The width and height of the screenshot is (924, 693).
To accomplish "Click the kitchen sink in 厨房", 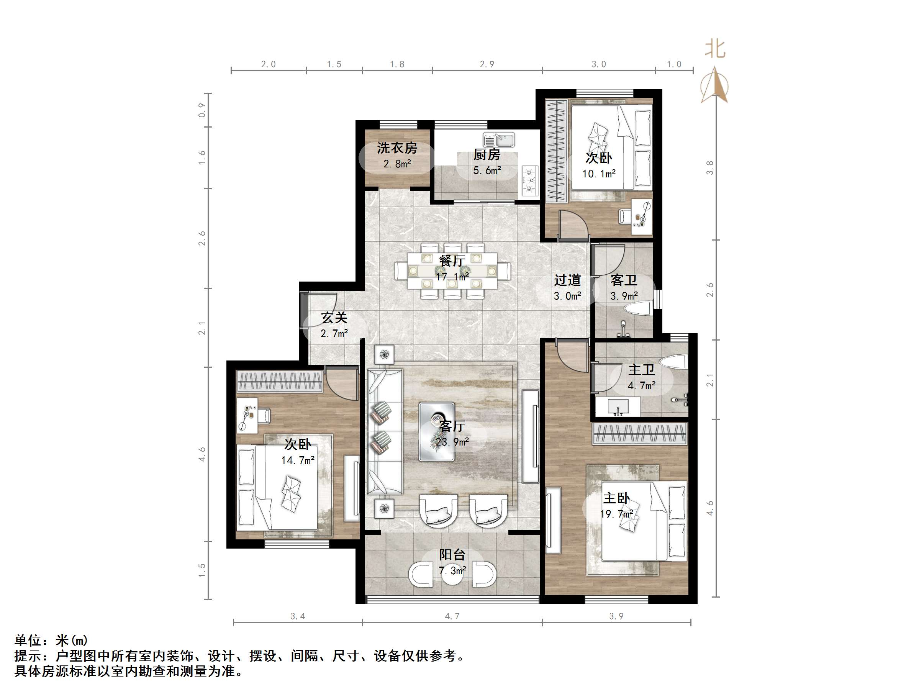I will point(499,140).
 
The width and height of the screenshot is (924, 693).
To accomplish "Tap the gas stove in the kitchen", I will point(530,180).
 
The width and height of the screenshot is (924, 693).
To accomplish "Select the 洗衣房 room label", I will point(397,148).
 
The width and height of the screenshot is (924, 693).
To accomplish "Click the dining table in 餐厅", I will point(452,271).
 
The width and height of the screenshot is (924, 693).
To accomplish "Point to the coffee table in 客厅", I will point(436,432).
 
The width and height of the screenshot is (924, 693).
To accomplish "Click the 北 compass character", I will point(715,49).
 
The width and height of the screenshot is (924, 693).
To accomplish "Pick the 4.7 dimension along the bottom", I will point(452,616).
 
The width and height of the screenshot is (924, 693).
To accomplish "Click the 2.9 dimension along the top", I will point(487,64).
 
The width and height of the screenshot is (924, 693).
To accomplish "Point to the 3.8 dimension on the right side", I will point(710,167).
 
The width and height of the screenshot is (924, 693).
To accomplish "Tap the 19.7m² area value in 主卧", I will point(616,514).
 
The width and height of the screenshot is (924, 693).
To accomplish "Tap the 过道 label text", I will point(567,280).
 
